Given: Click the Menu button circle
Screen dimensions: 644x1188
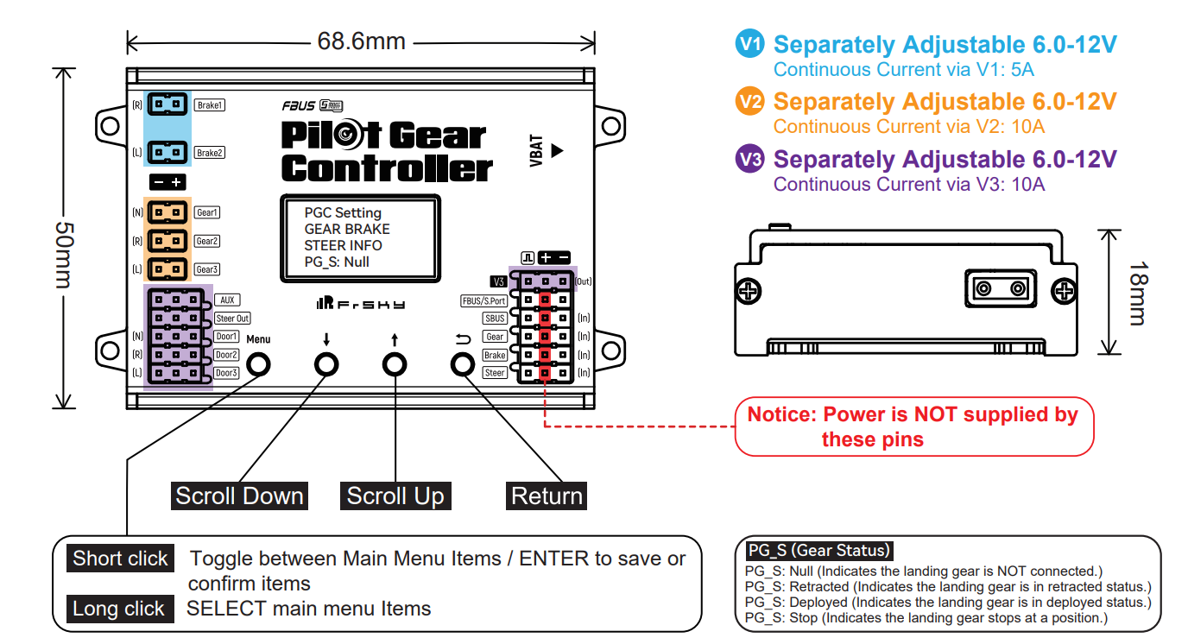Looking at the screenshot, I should pyautogui.click(x=259, y=365).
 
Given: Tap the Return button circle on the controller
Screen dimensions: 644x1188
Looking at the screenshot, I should pyautogui.click(x=464, y=365).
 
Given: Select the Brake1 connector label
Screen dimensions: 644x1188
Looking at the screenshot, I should pyautogui.click(x=209, y=105).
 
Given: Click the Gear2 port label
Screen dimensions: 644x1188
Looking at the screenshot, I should pyautogui.click(x=206, y=241).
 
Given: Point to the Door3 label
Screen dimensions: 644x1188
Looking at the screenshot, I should pyautogui.click(x=226, y=373).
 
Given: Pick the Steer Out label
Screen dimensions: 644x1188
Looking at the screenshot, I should pyautogui.click(x=232, y=319).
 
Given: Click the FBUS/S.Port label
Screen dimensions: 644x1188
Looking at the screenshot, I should pyautogui.click(x=483, y=301).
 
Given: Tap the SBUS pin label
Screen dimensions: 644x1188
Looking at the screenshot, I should pyautogui.click(x=495, y=319).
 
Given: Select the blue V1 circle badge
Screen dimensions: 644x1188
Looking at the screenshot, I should pyautogui.click(x=749, y=44).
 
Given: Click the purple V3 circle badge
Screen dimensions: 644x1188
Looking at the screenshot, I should pyautogui.click(x=749, y=160).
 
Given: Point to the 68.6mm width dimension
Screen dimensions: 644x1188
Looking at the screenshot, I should pyautogui.click(x=361, y=41).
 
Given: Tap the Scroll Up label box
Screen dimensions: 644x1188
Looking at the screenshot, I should pyautogui.click(x=395, y=496).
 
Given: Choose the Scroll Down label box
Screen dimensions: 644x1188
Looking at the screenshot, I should pyautogui.click(x=239, y=496).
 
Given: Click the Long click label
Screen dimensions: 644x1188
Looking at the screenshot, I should pyautogui.click(x=118, y=609).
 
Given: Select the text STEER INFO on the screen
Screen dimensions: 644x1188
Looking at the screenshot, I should pyautogui.click(x=343, y=245).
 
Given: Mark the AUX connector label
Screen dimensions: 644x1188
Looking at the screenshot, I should pyautogui.click(x=228, y=300).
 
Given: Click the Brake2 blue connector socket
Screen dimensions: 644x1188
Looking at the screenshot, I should pyautogui.click(x=167, y=153).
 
